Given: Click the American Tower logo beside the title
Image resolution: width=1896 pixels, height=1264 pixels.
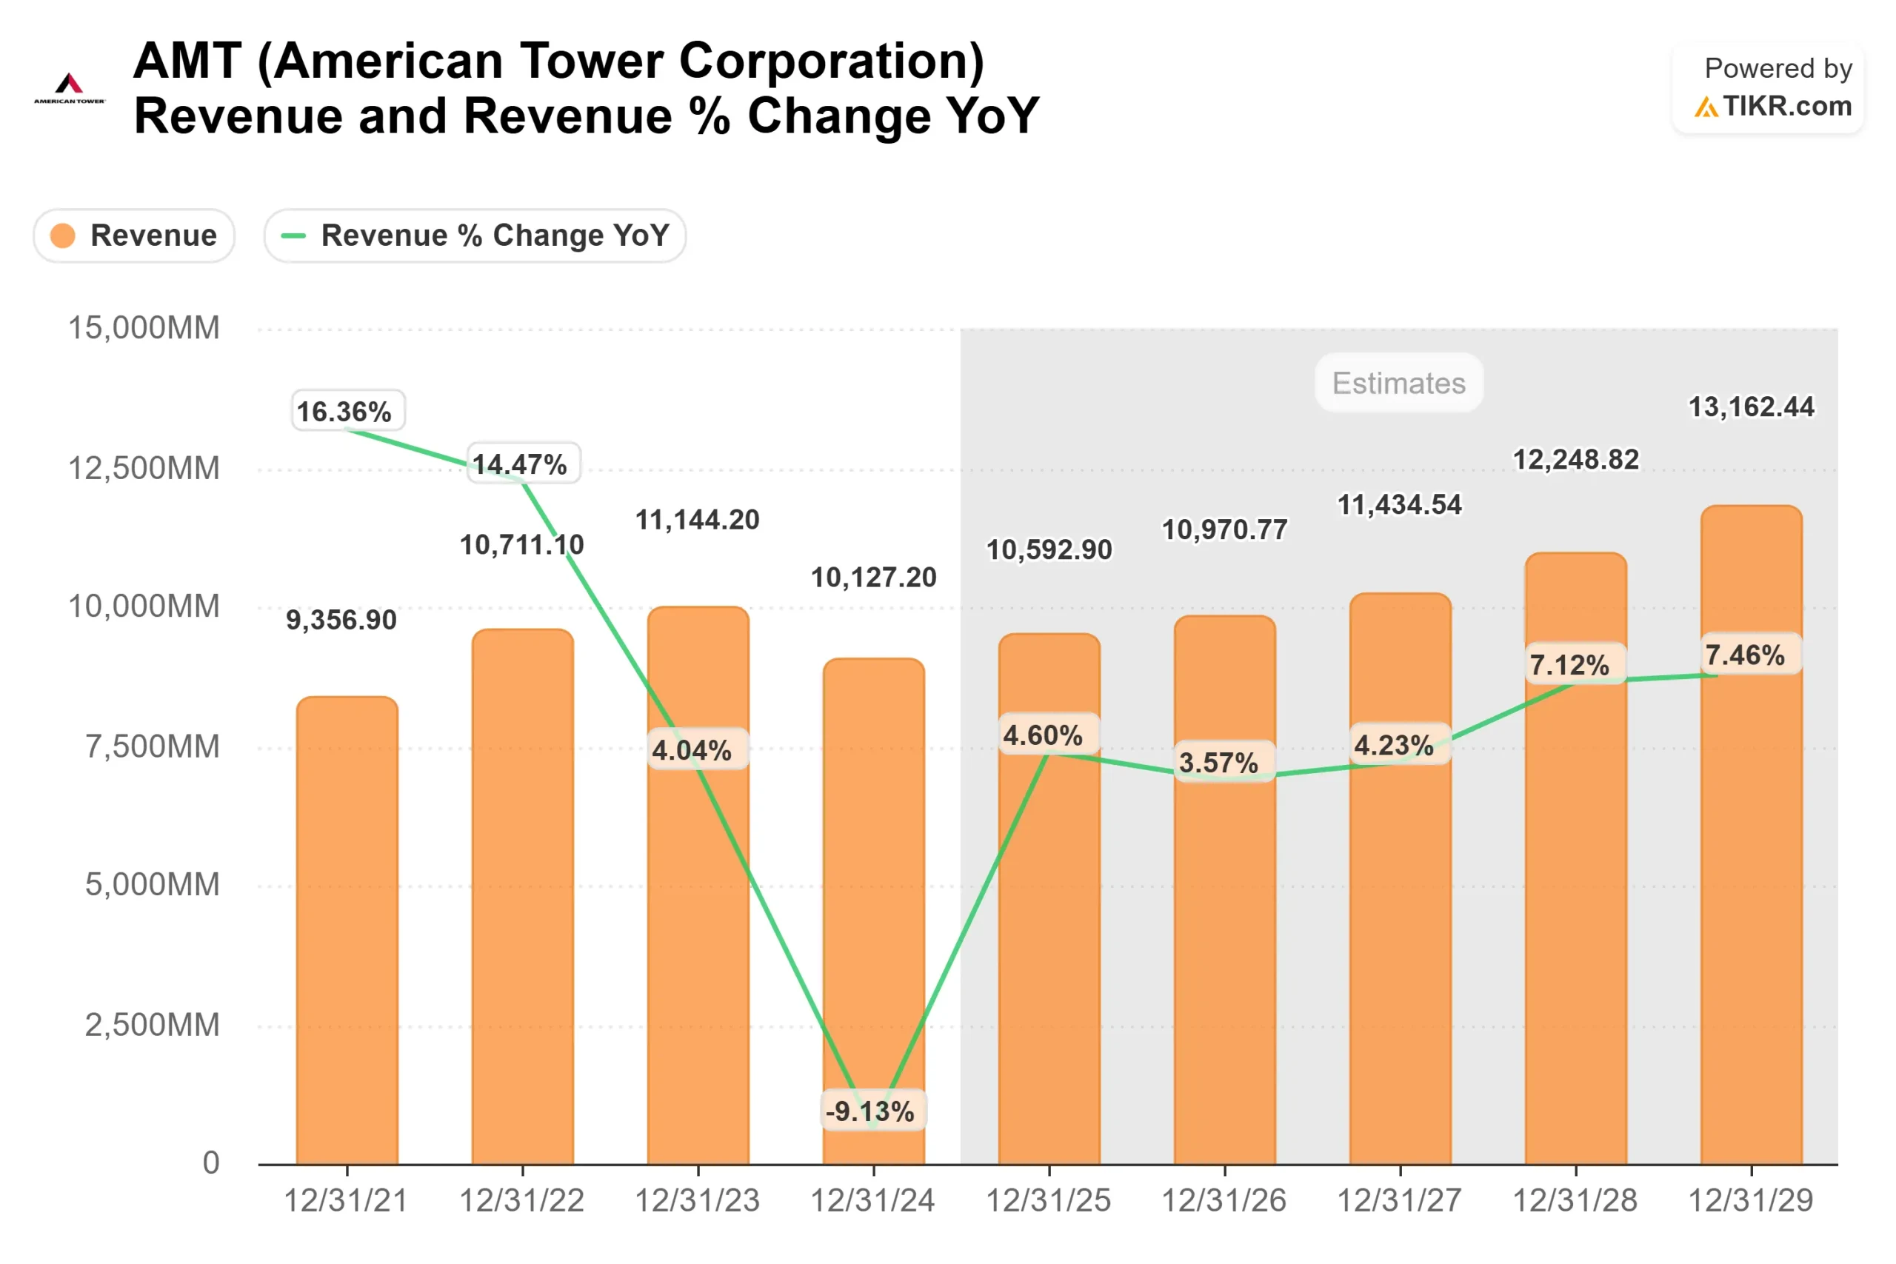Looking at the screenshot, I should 70,88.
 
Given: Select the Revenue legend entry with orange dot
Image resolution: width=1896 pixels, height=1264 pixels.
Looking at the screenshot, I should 134,236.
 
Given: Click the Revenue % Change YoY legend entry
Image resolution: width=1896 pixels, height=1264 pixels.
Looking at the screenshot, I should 475,236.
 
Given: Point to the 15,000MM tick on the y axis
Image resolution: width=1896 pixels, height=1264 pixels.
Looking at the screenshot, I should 144,328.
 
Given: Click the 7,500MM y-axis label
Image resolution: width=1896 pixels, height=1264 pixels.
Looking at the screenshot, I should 153,746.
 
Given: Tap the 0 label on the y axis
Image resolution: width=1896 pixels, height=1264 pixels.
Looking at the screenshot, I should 210,1163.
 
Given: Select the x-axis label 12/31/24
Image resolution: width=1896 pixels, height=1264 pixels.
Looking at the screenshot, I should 873,1201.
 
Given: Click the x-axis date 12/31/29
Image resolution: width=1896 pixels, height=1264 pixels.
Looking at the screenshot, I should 1751,1201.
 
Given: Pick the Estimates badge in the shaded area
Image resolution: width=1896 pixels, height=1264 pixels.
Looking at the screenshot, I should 1398,383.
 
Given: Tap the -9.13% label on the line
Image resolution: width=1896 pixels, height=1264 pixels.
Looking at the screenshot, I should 873,1111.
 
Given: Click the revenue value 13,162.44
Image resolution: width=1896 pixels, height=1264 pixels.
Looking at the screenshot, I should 1751,407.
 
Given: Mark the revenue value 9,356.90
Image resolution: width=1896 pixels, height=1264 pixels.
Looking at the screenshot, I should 341,620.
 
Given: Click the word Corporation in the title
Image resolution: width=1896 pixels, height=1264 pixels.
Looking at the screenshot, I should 831,61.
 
